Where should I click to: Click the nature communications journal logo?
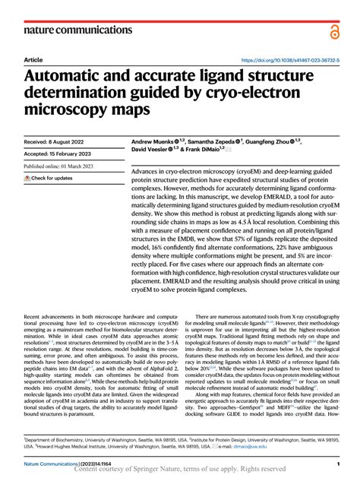[x=72, y=31]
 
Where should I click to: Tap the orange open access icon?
[x=335, y=31]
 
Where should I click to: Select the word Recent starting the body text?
[x=34, y=314]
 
